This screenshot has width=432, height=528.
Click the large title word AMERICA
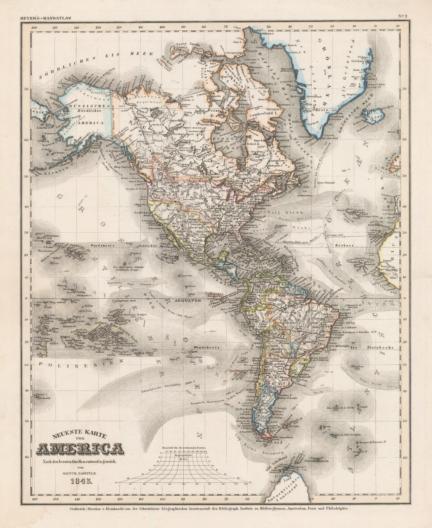point(81,449)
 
